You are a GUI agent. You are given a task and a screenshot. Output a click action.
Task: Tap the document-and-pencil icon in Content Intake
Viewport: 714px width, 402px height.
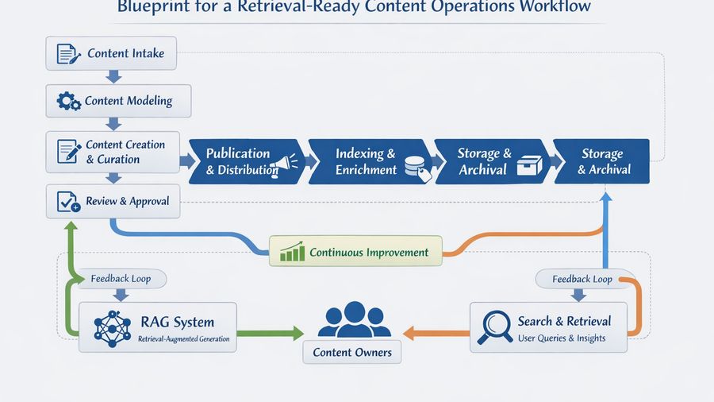click(69, 54)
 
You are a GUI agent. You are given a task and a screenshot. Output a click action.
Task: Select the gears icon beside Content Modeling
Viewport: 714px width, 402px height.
click(69, 102)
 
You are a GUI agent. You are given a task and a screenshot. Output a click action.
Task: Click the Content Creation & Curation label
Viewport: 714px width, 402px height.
click(125, 152)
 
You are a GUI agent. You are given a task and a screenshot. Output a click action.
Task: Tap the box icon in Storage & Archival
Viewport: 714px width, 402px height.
click(528, 165)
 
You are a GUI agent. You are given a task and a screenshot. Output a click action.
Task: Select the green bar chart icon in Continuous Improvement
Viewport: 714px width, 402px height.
click(293, 253)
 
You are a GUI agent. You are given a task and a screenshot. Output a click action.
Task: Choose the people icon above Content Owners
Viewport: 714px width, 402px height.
click(354, 320)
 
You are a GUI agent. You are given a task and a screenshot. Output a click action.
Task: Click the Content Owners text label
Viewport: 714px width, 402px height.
click(352, 352)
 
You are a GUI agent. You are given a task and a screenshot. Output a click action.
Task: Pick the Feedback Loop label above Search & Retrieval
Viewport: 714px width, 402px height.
click(582, 279)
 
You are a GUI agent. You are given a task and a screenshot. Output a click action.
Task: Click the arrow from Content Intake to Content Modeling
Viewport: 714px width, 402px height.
click(113, 76)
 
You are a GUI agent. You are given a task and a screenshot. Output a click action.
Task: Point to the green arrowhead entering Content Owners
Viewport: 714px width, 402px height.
click(298, 330)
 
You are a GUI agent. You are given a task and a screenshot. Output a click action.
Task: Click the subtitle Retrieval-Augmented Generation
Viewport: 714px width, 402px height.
click(182, 339)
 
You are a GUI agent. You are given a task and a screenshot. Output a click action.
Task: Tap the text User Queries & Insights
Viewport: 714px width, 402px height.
click(562, 338)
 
